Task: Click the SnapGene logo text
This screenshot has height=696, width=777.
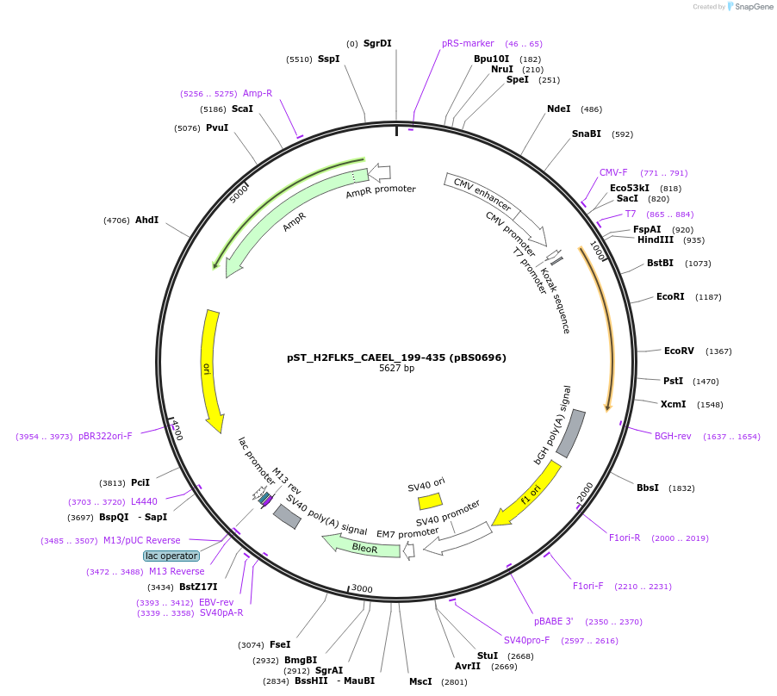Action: click(x=753, y=7)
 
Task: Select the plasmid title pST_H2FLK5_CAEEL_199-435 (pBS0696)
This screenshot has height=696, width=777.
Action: click(x=396, y=357)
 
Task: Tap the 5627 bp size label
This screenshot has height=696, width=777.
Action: click(x=396, y=369)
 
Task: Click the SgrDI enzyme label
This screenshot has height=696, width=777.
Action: click(x=377, y=43)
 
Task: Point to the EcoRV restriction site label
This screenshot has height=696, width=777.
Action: click(x=679, y=351)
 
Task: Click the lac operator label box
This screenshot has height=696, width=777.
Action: click(x=171, y=556)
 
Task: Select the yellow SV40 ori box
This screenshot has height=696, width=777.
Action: click(x=430, y=500)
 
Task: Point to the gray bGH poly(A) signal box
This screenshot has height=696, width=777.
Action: click(x=571, y=433)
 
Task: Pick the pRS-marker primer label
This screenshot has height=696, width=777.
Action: click(x=468, y=43)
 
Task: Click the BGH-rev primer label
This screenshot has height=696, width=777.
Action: click(x=673, y=436)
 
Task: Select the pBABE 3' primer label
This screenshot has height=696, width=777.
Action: click(x=553, y=621)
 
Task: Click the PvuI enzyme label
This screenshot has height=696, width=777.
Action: click(x=217, y=128)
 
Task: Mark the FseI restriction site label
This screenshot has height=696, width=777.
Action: click(x=280, y=644)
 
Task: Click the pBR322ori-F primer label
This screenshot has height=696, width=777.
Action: click(x=105, y=436)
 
